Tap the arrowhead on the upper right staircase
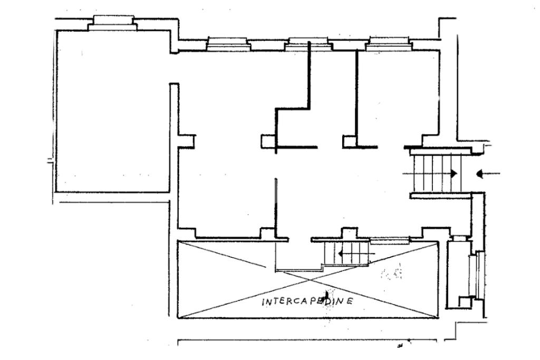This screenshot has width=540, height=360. coord(453,173)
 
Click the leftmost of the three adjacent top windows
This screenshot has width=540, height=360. coord(227,43)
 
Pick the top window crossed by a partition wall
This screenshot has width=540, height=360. coord(308,44)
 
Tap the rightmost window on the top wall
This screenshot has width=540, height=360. coord(389,43)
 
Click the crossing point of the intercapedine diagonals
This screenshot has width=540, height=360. coord(308,278)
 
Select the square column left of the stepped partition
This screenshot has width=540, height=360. coord(268,141)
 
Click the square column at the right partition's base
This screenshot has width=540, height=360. coord(350,141)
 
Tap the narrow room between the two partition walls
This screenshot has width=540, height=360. coord(332,95)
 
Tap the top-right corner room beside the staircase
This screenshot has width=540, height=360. coord(398,95)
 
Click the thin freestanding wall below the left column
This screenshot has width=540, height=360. coord(276,206)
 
